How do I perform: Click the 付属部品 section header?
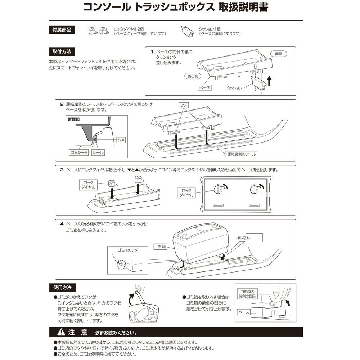pos(62,30)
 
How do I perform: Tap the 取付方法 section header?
pos(62,51)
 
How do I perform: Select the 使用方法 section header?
pos(62,288)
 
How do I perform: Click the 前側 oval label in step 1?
pos(278,53)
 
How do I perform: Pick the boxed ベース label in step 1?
pos(204,87)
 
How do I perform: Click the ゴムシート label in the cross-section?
pos(78,153)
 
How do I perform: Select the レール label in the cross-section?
pos(98,153)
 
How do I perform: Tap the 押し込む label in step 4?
pos(244,238)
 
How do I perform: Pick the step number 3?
pos(62,170)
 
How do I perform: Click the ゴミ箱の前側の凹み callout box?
pos(248,294)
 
